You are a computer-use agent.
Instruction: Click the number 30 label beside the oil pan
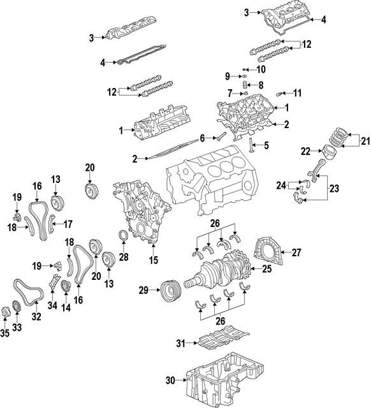[170, 381]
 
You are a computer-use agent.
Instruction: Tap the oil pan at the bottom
[226, 381]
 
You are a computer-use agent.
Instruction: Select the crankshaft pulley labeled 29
[171, 291]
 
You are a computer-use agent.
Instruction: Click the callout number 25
[266, 269]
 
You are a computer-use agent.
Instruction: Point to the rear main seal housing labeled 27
[268, 251]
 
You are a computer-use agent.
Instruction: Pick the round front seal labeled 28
[124, 234]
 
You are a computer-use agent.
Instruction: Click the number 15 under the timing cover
[154, 259]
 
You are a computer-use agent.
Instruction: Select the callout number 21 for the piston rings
[365, 142]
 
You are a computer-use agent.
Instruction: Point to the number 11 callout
[297, 93]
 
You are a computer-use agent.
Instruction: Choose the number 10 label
[261, 69]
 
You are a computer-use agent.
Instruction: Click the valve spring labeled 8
[244, 85]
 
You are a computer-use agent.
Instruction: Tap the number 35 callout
[4, 333]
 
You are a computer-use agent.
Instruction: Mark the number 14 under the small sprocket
[66, 307]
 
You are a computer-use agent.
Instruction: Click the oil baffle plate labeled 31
[222, 339]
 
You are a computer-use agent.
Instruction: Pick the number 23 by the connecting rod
[334, 188]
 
